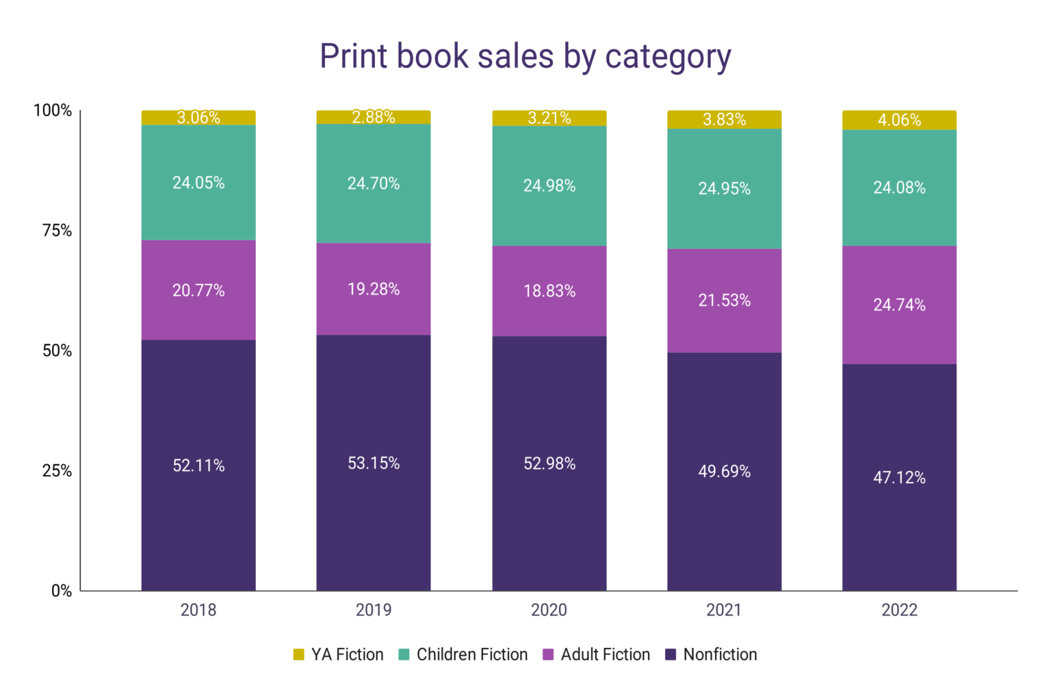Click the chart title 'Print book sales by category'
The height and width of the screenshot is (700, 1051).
525,56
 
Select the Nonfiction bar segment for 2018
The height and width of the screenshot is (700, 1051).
198,520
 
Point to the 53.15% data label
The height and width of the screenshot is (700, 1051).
374,463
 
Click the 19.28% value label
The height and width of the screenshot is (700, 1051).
374,289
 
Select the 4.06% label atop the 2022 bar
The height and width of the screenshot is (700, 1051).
899,120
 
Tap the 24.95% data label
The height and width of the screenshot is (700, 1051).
724,189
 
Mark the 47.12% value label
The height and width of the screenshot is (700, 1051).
899,478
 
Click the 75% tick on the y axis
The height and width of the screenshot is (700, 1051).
57,230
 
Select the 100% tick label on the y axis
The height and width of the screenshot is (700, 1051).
53,110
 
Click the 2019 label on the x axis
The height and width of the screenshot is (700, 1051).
374,610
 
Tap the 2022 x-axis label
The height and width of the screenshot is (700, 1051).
899,610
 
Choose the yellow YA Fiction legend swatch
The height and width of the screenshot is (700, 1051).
298,655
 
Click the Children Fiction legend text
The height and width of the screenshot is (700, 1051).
472,655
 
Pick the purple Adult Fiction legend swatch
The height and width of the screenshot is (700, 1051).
548,655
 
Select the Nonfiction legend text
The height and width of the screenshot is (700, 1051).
720,655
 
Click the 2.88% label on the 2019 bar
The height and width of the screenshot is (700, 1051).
374,117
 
